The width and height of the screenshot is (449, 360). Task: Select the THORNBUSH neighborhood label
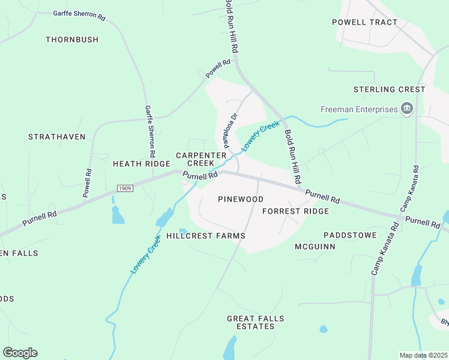[x=72, y=40]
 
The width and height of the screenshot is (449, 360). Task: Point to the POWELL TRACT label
[x=365, y=22]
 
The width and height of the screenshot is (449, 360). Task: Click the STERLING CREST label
[x=389, y=89]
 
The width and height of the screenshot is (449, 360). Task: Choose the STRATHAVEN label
[x=57, y=137]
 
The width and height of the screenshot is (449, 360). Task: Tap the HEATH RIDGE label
[x=142, y=163]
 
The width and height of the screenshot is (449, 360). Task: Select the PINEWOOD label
[x=241, y=199]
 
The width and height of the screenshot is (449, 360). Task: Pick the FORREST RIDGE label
[x=295, y=211]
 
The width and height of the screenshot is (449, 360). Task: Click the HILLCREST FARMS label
[x=206, y=236]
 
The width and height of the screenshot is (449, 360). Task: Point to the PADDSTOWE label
[x=349, y=235]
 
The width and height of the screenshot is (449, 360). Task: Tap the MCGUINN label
[x=315, y=247]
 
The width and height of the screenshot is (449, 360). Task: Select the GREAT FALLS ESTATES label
[x=256, y=322]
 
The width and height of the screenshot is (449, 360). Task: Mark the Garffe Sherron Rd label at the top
[x=79, y=14]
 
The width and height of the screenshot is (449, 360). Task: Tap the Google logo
[x=20, y=353]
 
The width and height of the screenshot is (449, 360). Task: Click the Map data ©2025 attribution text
[x=423, y=356]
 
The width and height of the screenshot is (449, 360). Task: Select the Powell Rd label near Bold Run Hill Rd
[x=218, y=68]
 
